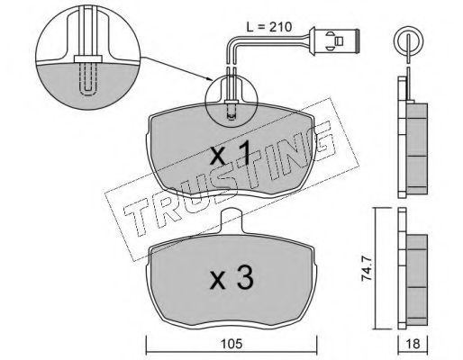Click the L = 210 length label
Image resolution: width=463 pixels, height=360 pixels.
tap(269, 27)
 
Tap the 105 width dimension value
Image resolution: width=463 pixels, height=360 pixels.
tap(231, 344)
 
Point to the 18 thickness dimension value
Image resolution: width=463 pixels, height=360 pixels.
tap(413, 344)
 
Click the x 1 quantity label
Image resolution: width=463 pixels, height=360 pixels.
tap(230, 153)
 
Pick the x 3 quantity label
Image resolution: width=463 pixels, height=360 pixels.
tap(231, 278)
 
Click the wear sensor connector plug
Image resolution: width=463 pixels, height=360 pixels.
tap(335, 40)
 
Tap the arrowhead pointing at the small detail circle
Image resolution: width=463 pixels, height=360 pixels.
tap(210, 80)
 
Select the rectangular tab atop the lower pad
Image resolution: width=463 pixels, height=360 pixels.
tap(231, 221)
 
